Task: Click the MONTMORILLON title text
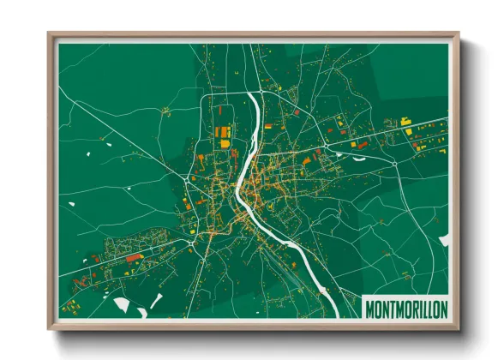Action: [x=405, y=309]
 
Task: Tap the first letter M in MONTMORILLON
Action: [x=369, y=309]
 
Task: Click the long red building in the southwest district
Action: [x=134, y=257]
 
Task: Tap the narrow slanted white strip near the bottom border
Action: [x=156, y=300]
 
